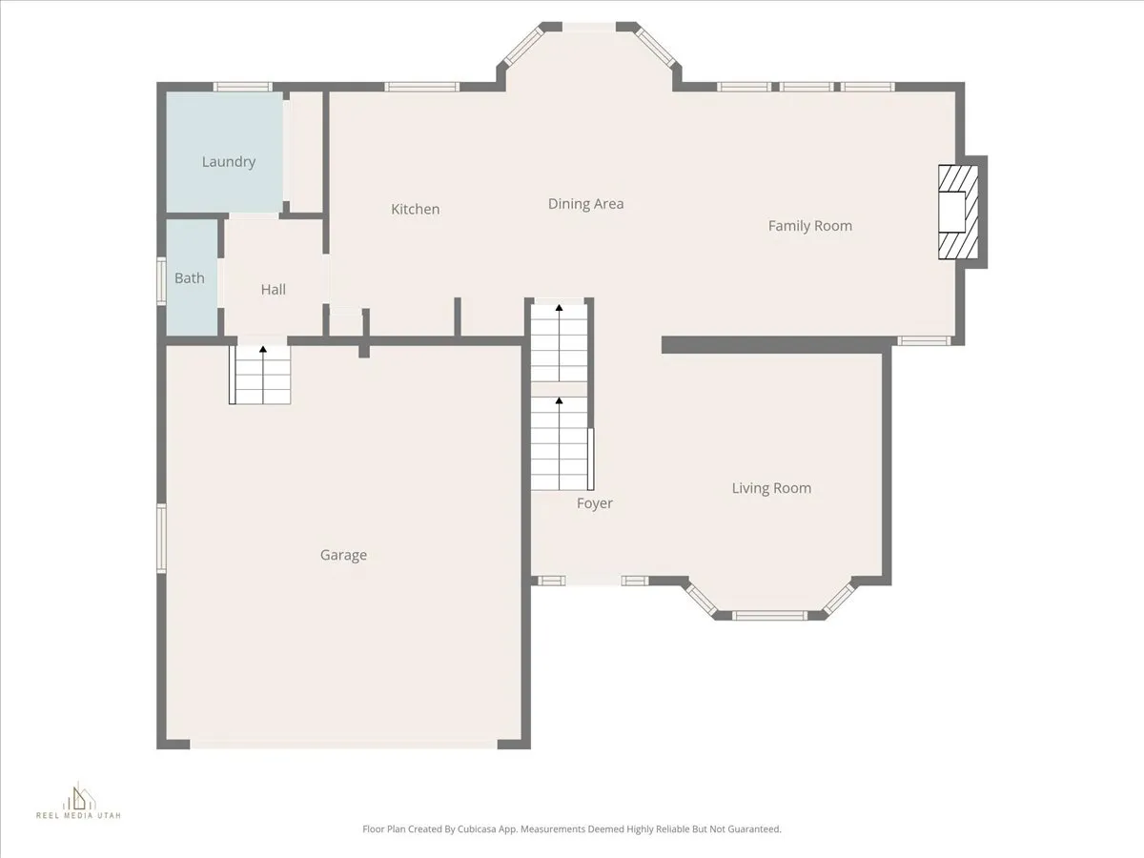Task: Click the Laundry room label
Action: [x=229, y=162]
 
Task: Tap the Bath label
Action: [x=189, y=278]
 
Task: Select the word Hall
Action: [x=273, y=289]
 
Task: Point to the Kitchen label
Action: [x=416, y=209]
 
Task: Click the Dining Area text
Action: [x=585, y=204]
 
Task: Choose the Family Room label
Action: [x=810, y=226]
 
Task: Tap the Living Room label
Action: [x=771, y=488]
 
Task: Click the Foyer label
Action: [x=595, y=503]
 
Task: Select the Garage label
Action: [x=343, y=555]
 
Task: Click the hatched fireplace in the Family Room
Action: [x=959, y=212]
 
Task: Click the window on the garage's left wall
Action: [x=162, y=539]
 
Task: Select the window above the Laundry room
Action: [x=243, y=87]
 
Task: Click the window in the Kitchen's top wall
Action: [x=422, y=87]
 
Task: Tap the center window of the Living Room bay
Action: [x=770, y=616]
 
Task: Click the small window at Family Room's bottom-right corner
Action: [x=925, y=340]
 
